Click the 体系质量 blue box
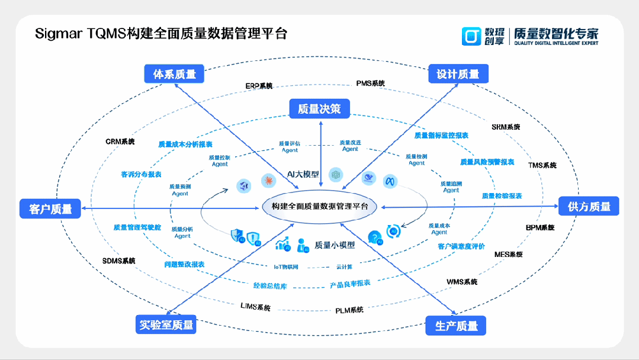(x=174, y=74)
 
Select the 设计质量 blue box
(x=458, y=74)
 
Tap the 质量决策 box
(x=319, y=108)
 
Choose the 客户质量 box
(x=50, y=208)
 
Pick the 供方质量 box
(x=589, y=207)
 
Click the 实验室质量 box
(x=166, y=324)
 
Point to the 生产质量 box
(x=456, y=326)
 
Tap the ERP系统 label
(x=259, y=86)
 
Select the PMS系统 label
(x=370, y=83)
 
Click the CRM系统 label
(x=120, y=142)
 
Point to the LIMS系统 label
(x=255, y=307)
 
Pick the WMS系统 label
(x=462, y=282)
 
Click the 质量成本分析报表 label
(x=185, y=144)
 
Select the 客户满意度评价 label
(x=461, y=246)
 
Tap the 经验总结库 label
(x=270, y=286)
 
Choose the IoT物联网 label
(x=285, y=267)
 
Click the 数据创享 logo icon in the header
(x=472, y=36)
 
